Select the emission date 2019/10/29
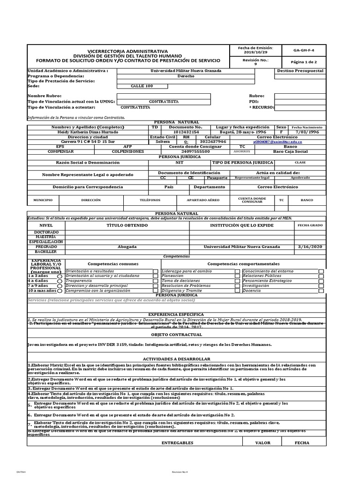(255, 52)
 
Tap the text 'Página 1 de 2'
(304, 62)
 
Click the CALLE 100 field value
(142, 86)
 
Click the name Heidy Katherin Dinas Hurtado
(88, 132)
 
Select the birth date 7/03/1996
(307, 132)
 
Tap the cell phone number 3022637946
(212, 141)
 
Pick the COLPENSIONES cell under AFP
(127, 151)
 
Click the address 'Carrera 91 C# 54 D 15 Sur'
(88, 141)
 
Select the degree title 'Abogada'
(127, 247)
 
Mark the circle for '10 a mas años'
(60, 291)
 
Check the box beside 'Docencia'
(321, 291)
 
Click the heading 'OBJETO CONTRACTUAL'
(176, 335)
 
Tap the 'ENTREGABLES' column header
(177, 442)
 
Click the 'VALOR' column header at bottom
(262, 442)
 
